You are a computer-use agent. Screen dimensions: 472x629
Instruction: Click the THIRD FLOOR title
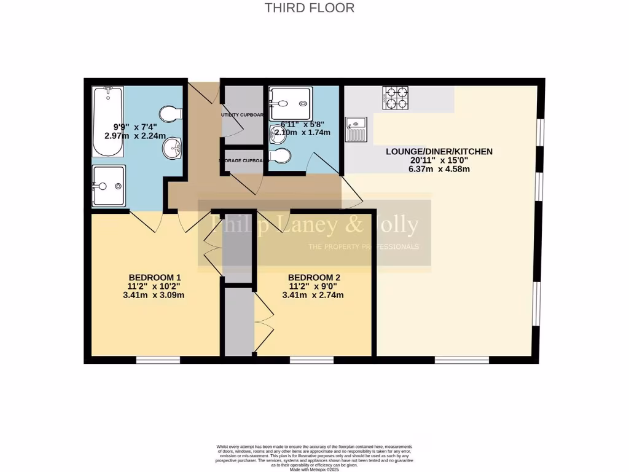tap(310, 8)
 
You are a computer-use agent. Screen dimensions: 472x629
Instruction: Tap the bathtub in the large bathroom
tap(107, 122)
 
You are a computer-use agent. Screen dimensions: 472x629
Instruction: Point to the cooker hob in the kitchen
tap(396, 98)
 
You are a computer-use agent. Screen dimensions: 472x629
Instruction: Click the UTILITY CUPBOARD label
tap(243, 115)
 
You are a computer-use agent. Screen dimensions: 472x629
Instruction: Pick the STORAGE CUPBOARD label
tap(243, 161)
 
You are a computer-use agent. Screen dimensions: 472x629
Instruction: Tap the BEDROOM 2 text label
tap(313, 277)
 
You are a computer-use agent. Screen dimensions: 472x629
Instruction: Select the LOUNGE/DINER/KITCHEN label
tap(439, 151)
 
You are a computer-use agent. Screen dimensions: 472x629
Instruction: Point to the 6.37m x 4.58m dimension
tap(439, 169)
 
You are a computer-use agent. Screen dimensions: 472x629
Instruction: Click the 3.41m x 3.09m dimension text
tap(154, 295)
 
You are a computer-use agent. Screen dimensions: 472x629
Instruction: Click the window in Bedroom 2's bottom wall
tap(311, 360)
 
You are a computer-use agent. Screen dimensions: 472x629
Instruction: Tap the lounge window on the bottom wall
tap(462, 360)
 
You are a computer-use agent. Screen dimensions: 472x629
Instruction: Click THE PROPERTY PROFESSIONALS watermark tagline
tap(362, 247)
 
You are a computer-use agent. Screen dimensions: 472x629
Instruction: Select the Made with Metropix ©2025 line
tap(314, 470)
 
